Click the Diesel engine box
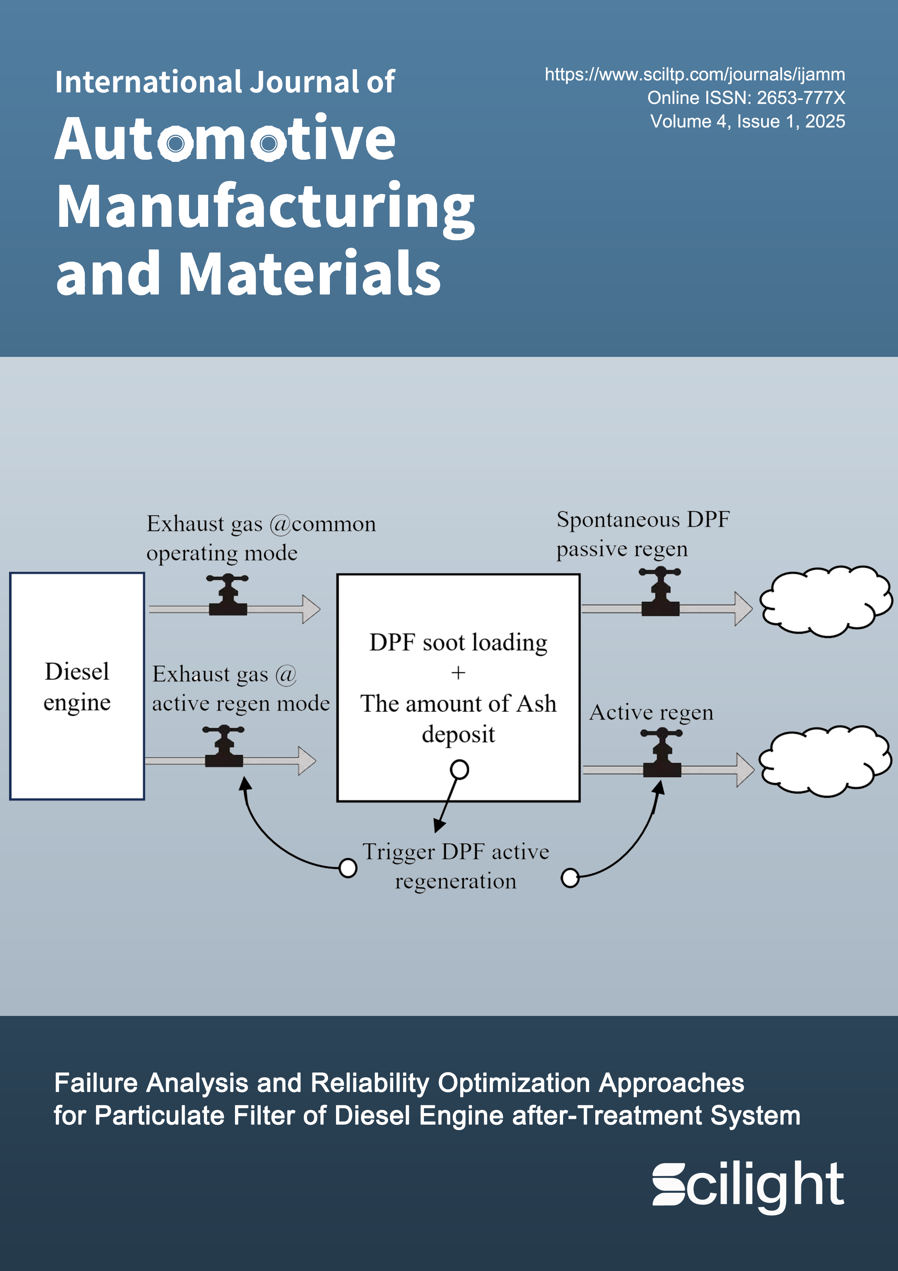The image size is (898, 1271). (77, 687)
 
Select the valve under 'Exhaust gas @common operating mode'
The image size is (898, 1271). (227, 597)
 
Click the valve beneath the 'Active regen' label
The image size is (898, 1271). (662, 754)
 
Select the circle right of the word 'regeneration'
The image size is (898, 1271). (570, 878)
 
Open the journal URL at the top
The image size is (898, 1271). (695, 74)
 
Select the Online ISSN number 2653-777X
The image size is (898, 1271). (801, 98)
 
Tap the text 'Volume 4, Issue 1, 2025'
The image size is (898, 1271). (747, 121)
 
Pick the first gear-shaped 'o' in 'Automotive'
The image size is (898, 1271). (175, 143)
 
